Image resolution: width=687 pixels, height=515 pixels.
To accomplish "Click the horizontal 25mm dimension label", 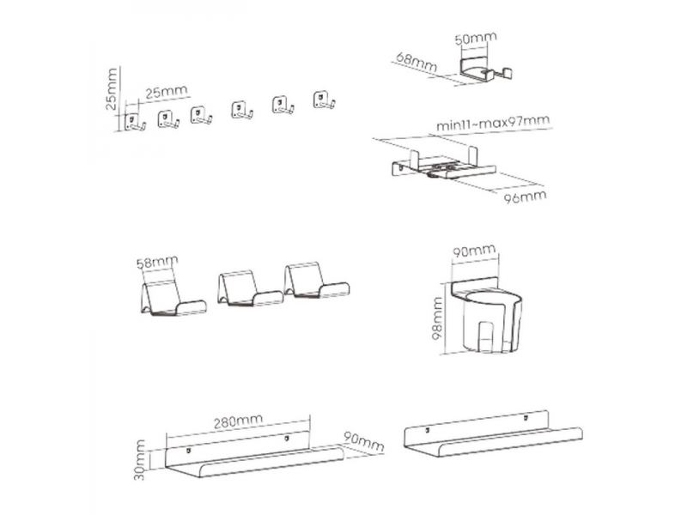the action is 167,92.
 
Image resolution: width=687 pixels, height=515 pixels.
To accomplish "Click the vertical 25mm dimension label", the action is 112,89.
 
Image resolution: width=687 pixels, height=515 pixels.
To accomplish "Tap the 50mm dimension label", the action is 476,38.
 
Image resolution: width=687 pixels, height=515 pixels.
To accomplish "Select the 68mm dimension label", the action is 416,62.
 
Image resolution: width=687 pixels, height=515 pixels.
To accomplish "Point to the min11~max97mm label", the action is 493,123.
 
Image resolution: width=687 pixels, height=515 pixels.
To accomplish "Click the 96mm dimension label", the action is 525,197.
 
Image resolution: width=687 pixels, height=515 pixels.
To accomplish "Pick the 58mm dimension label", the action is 157,263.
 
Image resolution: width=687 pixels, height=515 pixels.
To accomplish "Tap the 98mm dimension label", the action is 437,318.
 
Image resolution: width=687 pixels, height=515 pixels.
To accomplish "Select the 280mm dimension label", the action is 238,421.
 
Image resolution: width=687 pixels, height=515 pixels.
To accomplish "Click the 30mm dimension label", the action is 140,460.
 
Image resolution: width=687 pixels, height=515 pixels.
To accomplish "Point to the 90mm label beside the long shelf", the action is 363,442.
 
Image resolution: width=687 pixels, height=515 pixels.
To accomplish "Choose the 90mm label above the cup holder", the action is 474,251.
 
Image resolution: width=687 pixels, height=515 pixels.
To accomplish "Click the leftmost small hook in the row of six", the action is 135,122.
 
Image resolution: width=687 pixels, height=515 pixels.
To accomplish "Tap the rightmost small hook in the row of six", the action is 325,100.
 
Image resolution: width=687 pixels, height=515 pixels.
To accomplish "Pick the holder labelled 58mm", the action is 173,298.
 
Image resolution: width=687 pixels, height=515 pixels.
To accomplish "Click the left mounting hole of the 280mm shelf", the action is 189,450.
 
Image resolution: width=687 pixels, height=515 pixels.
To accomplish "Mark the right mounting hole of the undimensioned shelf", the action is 526,418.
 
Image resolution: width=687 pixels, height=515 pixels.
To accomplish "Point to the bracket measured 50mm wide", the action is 486,70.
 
